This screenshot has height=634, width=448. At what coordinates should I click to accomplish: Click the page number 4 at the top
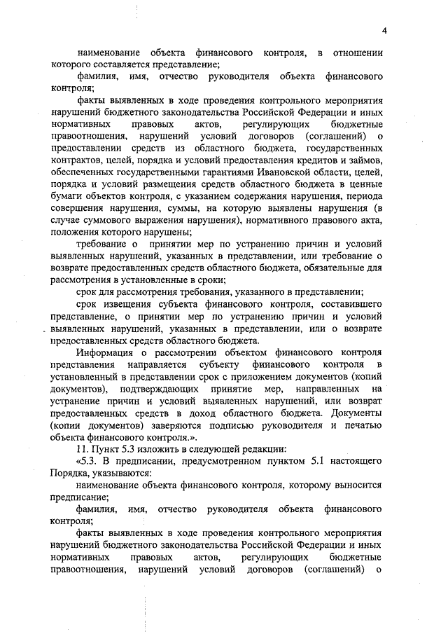pos(384,29)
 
